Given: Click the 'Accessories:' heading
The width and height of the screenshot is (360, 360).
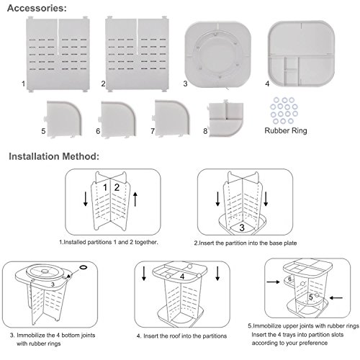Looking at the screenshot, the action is coord(37,9).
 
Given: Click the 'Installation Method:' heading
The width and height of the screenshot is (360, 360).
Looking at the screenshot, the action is coord(54,156).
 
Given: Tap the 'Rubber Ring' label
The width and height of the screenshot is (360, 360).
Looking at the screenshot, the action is coord(286,130).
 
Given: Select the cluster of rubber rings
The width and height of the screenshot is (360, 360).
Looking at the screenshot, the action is coord(284,110).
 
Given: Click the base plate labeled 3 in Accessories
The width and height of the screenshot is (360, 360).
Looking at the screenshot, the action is coord(218,54).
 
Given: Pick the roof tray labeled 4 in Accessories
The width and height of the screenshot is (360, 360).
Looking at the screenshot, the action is coord(301,53).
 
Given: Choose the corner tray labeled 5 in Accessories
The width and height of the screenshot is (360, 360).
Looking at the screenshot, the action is coord(64,119).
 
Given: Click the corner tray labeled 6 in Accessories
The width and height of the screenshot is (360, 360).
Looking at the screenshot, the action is coord(117,120).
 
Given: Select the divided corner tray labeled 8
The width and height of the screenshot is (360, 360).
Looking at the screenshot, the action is coord(225,119).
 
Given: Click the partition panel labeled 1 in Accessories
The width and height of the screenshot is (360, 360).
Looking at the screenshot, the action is coord(58,54).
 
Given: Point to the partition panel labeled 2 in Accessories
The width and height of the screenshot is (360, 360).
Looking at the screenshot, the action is coord(137,54).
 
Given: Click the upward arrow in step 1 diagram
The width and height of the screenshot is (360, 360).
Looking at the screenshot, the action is coord(135,199).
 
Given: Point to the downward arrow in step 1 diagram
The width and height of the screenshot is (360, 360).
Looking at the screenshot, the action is coord(86,199).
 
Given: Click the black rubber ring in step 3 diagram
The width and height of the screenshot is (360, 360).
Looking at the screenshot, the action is coord(84,267).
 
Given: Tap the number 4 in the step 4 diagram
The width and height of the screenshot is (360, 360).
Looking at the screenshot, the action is coord(182,276).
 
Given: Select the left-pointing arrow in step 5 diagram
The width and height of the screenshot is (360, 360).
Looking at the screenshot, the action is coord(336,298).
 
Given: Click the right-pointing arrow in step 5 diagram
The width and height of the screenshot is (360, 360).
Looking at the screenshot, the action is coord(274,282).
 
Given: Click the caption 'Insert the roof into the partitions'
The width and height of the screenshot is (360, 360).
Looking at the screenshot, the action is coord(185,336).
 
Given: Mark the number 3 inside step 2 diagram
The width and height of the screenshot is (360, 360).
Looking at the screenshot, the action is coord(242,228).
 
